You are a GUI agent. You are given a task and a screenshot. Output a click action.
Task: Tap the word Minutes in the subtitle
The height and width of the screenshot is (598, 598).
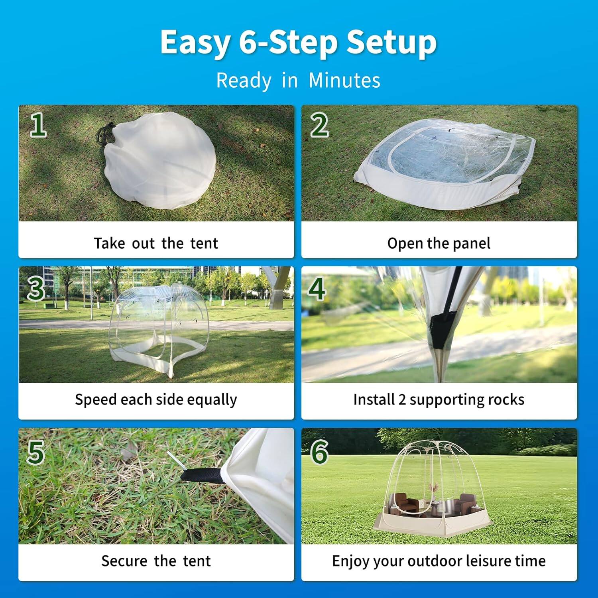tap(344, 80)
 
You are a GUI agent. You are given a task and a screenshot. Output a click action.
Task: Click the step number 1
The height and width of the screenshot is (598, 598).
tap(38, 125)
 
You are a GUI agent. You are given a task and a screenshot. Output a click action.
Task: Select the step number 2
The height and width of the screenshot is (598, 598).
tap(319, 125)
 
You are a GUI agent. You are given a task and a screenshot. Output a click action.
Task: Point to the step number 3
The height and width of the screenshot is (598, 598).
tap(36, 288)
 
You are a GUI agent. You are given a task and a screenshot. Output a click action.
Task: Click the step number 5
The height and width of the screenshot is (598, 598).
tap(35, 452)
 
